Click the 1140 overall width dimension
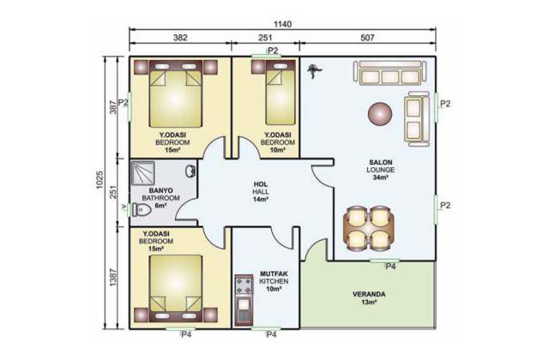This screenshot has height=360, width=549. (282, 24)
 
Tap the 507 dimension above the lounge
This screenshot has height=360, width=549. (367, 38)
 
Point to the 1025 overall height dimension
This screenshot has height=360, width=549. (100, 180)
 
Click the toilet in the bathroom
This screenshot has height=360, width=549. (141, 210)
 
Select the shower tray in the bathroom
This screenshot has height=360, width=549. (142, 173)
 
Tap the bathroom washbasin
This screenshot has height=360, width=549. (190, 171)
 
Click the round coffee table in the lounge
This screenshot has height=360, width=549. (380, 113)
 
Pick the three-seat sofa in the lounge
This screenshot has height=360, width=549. (390, 73)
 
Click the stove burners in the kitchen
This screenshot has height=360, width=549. (244, 285)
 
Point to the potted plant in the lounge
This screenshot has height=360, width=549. (314, 70)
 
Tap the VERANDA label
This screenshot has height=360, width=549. (369, 294)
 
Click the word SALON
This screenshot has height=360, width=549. (381, 162)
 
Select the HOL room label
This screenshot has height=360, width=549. (261, 184)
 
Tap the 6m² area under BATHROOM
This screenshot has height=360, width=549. (160, 206)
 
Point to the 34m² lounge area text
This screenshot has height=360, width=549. (380, 177)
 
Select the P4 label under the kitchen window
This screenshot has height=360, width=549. (271, 335)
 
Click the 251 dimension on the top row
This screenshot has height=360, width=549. (265, 38)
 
